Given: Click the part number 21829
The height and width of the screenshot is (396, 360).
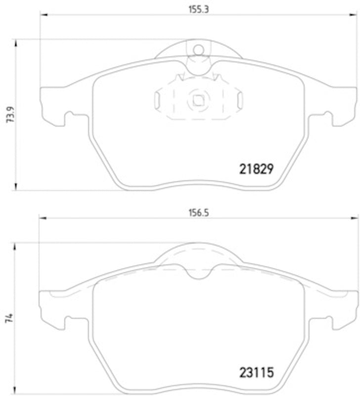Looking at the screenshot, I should point(256,169).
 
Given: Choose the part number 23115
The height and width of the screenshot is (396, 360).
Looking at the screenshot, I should point(256,371).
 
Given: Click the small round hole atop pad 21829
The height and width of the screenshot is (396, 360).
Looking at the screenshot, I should point(199,49).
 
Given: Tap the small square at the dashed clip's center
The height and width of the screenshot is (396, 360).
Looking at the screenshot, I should point(199,100).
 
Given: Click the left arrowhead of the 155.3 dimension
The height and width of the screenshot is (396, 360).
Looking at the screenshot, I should point(43,14).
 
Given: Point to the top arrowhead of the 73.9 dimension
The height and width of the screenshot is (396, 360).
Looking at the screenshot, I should point(17,43).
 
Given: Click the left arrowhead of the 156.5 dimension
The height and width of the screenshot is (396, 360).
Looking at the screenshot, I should point(43,218).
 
